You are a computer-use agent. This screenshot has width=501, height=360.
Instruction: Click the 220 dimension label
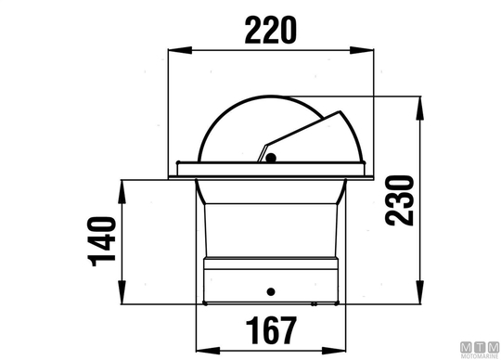271,31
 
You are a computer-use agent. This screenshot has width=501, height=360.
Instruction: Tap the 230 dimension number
399,200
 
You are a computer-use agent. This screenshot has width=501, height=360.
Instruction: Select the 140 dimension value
102,241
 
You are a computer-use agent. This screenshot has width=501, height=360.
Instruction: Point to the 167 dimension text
271,330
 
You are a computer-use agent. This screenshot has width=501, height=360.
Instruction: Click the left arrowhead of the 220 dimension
180,50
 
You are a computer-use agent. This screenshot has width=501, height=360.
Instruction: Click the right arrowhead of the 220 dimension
362,50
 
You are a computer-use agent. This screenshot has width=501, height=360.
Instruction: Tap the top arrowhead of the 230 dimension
420,109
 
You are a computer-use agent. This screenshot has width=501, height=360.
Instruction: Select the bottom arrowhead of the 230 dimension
420,292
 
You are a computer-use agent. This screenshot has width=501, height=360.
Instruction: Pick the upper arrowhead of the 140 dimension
122,192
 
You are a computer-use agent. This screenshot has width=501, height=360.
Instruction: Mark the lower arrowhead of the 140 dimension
122,292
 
